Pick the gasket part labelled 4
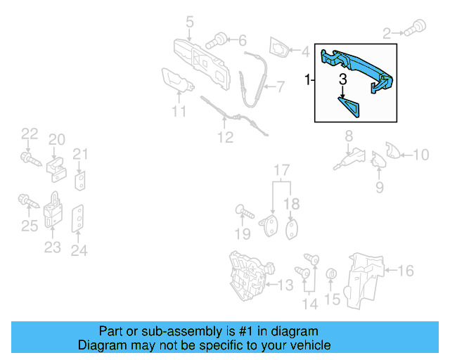coord(280,50)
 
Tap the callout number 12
coord(224,138)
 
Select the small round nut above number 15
coord(333,274)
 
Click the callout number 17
coord(281,170)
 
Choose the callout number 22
coord(29,134)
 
